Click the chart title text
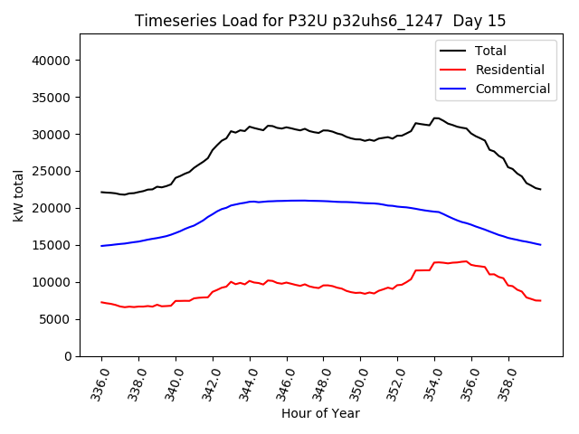[320, 21]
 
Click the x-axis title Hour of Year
[320, 414]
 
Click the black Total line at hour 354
[434, 118]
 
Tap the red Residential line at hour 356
[471, 264]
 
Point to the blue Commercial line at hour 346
[287, 201]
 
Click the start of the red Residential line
[101, 302]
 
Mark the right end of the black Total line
[540, 190]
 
